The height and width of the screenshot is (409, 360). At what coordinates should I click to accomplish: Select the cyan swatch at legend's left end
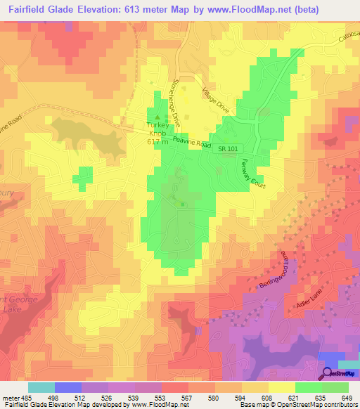pos(41,387)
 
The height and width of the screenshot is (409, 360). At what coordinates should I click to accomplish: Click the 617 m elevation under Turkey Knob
pos(158,142)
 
